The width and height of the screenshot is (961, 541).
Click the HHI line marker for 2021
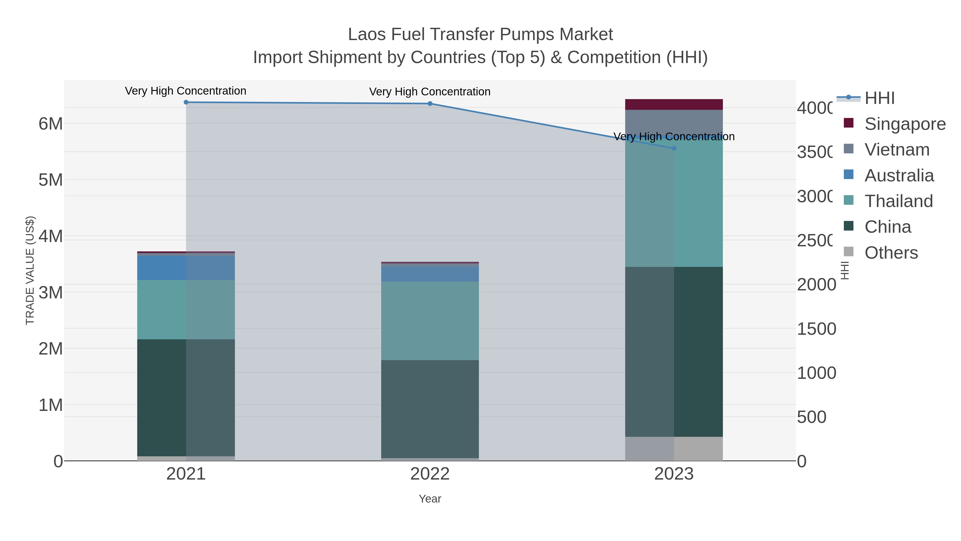186,102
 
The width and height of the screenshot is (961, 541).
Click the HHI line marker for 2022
430,104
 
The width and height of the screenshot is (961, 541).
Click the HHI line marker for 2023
674,149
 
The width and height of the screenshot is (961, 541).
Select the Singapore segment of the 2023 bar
674,104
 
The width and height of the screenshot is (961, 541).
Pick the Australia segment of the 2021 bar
186,268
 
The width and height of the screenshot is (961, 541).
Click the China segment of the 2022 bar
430,409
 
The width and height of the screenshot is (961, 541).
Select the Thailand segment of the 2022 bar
430,321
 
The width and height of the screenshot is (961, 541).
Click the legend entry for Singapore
905,124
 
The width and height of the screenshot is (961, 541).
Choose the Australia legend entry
899,176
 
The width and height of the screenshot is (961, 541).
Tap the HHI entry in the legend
879,98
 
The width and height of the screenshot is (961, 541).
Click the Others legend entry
891,253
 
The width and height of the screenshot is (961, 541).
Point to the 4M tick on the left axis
51,236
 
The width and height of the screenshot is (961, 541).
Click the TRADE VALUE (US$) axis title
30,270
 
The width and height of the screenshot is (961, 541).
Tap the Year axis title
430,499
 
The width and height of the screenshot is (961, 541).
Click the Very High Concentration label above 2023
674,137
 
